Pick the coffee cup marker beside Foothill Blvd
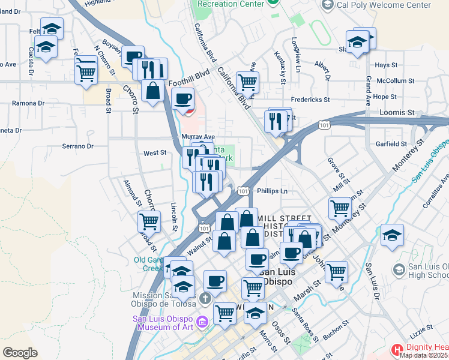click(x=184, y=98)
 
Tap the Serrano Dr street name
click(x=78, y=146)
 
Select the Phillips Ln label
click(x=273, y=191)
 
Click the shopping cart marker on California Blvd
click(x=247, y=82)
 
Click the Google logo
click(x=20, y=352)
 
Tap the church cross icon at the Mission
click(x=206, y=298)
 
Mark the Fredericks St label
click(x=311, y=99)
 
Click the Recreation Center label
click(x=231, y=4)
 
